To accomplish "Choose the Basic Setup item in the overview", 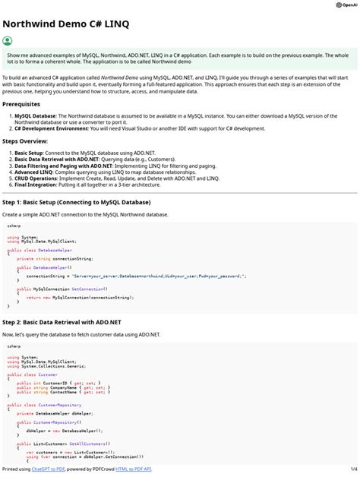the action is [x=30, y=153].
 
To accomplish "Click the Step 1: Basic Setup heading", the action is [x=76, y=203].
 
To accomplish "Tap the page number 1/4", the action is [x=352, y=469].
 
